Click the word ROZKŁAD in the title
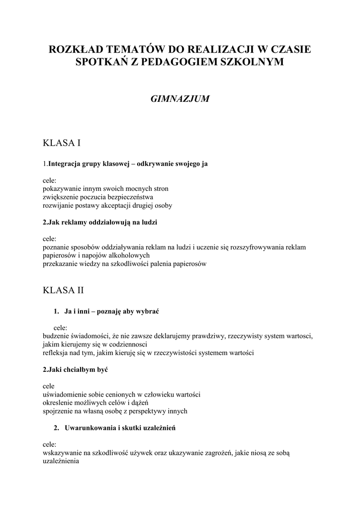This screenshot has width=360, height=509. [80, 50]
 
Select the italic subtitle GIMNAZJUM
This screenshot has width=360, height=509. [180, 99]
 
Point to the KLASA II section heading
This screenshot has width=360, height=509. [64, 290]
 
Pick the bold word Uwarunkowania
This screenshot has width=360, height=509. [90, 427]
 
